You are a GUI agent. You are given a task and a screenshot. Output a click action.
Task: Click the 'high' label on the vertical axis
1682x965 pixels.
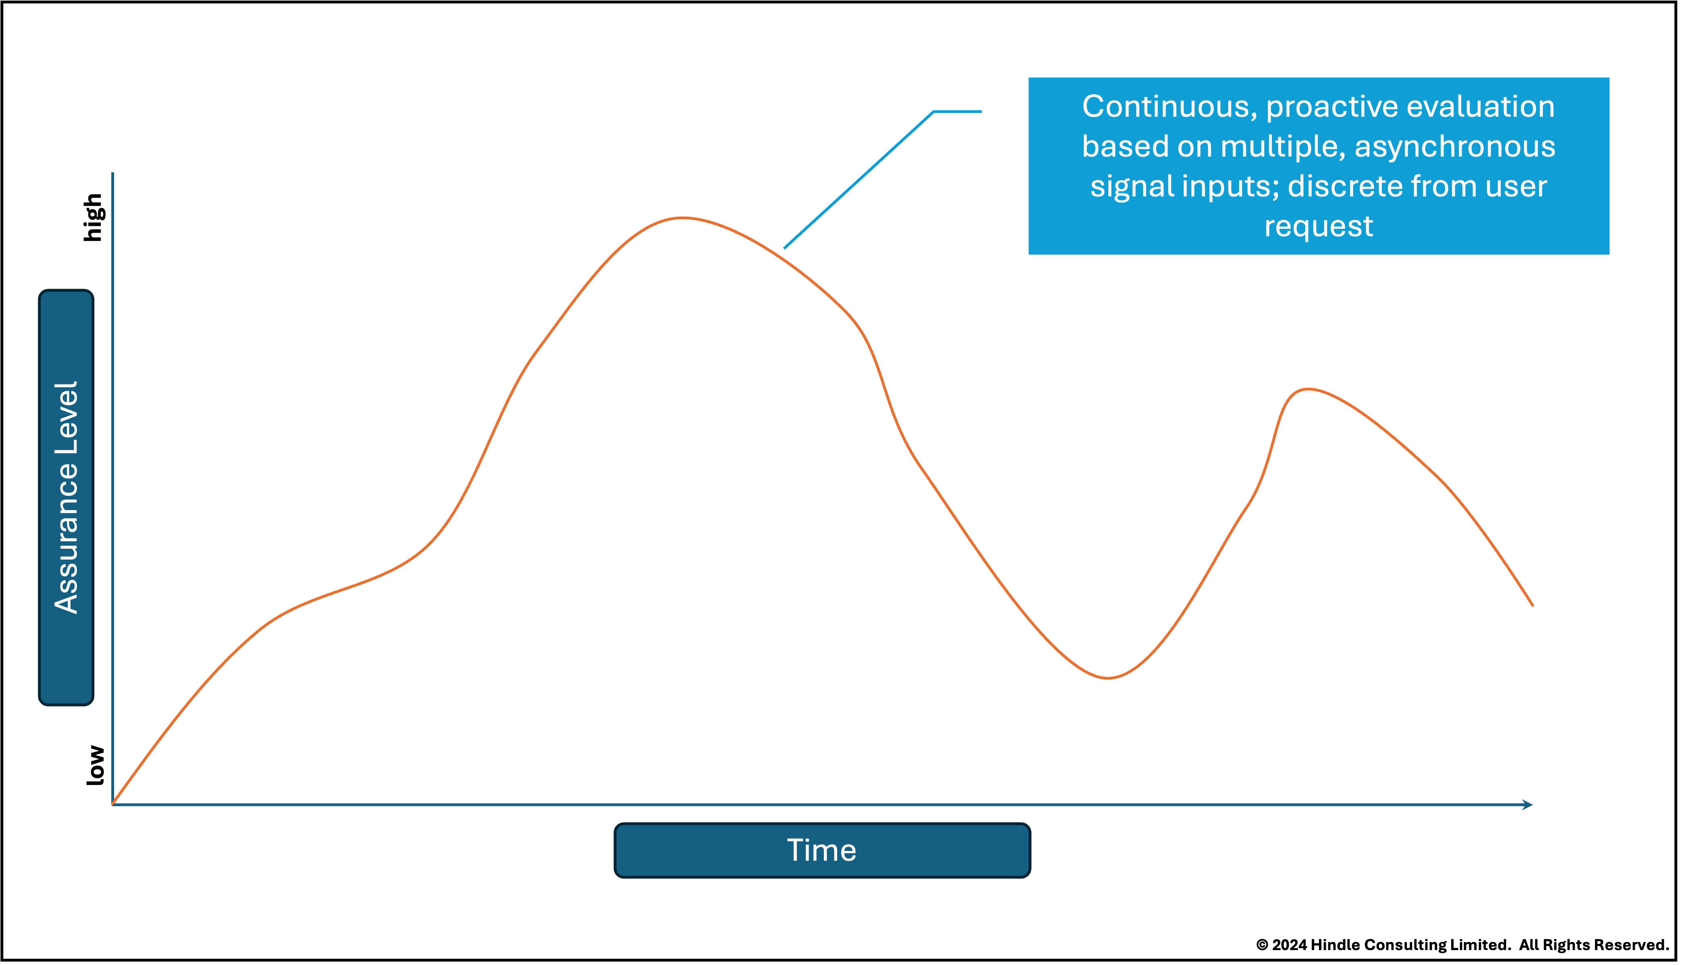[93, 217]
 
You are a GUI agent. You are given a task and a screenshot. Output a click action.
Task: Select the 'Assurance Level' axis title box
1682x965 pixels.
[66, 497]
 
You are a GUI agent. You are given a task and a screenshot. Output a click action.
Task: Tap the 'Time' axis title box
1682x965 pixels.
[822, 850]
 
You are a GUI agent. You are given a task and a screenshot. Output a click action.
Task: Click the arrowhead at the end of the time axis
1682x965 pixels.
[1527, 805]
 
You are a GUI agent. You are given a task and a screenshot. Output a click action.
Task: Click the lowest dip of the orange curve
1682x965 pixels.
[1108, 678]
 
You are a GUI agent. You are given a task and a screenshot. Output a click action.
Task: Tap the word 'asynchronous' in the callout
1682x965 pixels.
[1454, 147]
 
